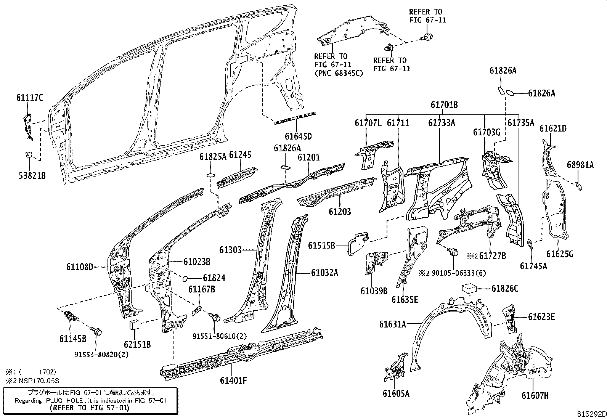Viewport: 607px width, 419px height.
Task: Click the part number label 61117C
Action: (30, 98)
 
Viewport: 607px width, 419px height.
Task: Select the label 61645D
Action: (298, 136)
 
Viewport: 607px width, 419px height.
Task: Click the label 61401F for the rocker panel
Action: (234, 380)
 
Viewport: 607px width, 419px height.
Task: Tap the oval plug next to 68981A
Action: (579, 186)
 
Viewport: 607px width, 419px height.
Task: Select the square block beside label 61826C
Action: (470, 288)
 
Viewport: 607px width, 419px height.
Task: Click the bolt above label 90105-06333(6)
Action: (453, 252)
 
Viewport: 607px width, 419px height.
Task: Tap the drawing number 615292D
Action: (591, 414)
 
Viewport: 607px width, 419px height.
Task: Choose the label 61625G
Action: (559, 254)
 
